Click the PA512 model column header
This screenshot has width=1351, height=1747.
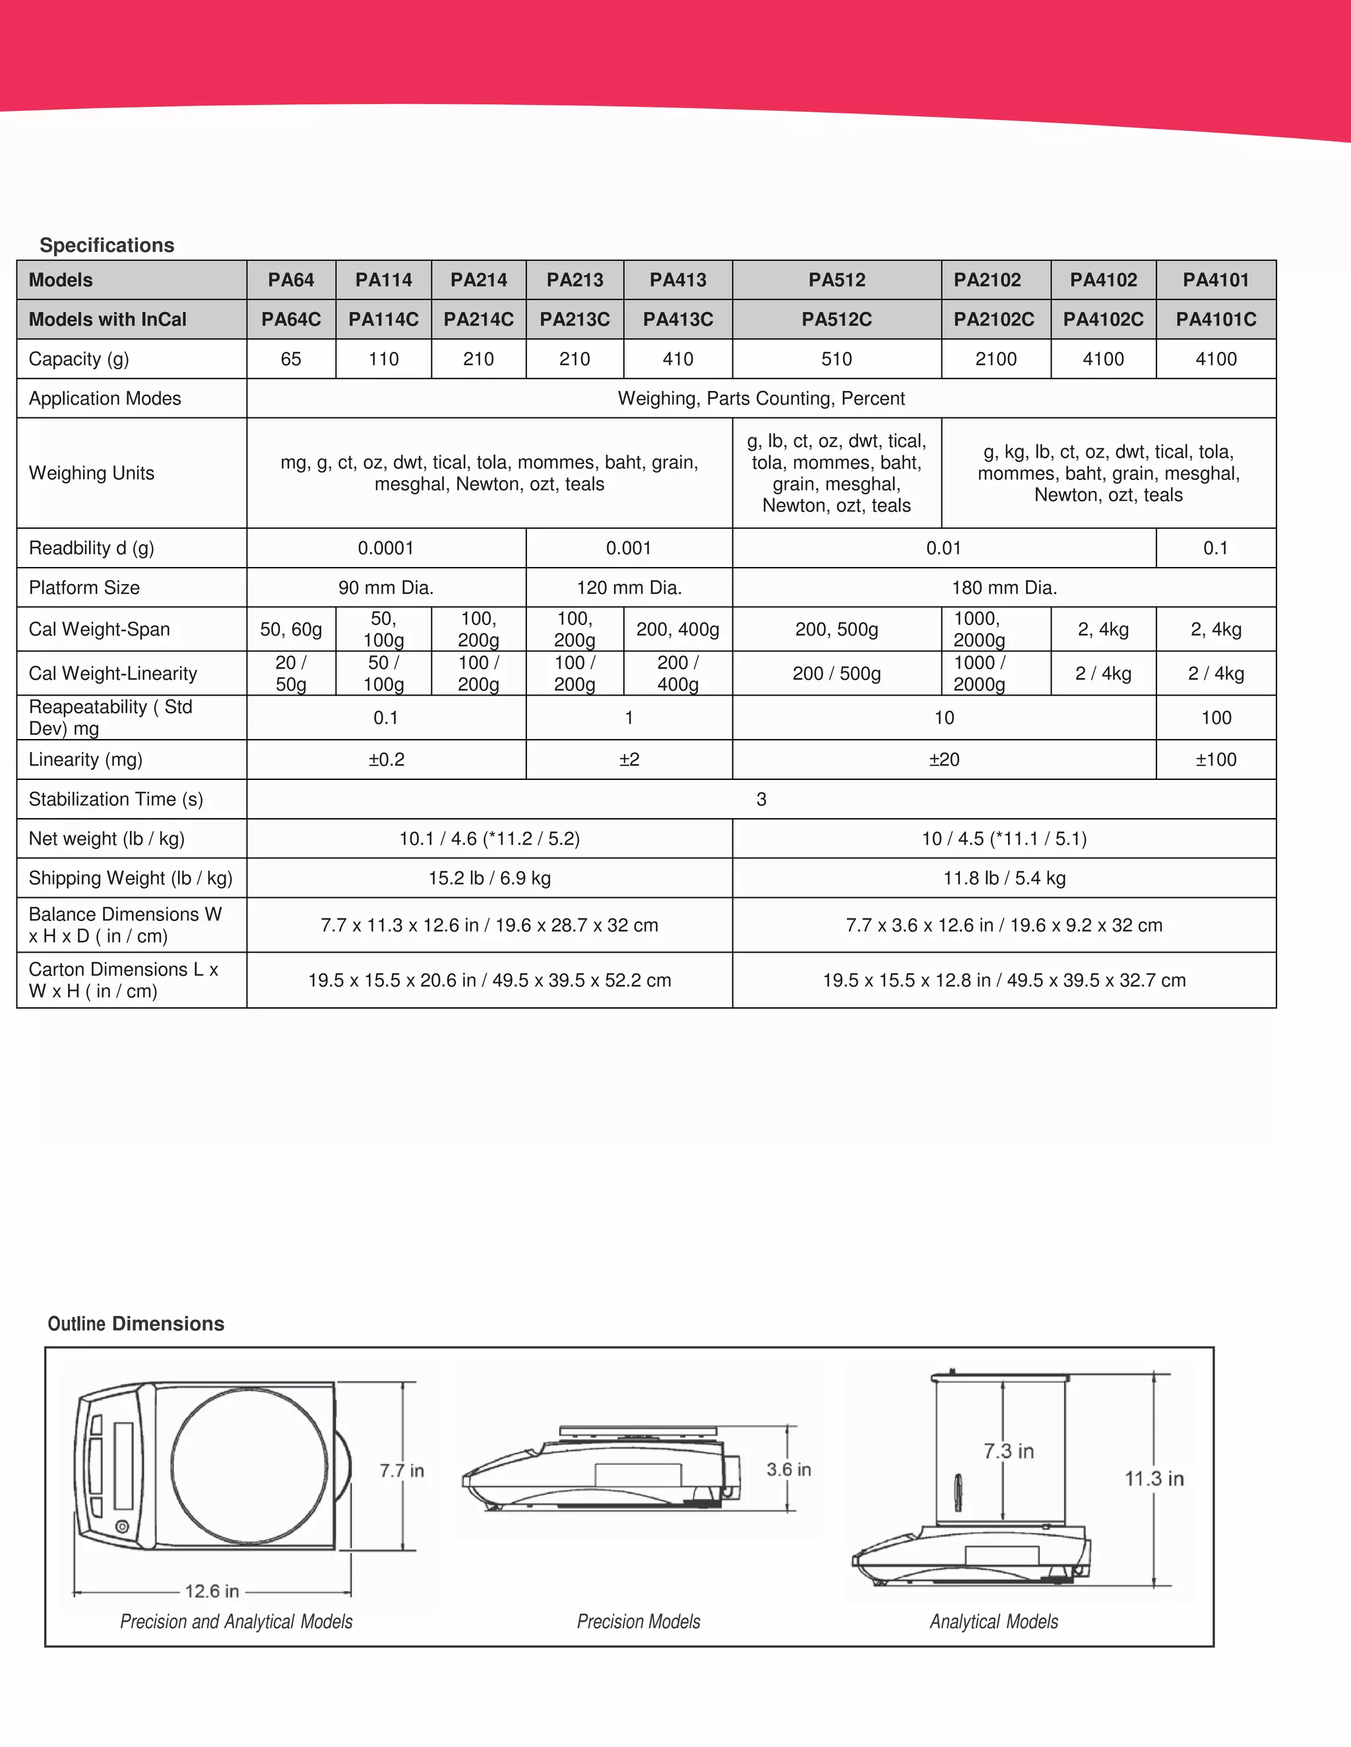coord(836,280)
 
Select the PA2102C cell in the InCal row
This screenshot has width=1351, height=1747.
coord(994,319)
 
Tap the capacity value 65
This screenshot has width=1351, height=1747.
coord(290,359)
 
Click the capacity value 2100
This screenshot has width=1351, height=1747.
coord(995,359)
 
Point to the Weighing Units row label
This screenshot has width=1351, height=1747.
coord(91,473)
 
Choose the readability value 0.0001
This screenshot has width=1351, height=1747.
coord(386,548)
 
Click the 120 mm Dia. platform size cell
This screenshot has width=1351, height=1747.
coord(629,588)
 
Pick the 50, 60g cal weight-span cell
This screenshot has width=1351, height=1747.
coord(290,630)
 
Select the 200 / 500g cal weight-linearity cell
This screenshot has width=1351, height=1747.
coord(836,674)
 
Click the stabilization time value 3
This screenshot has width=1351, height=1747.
coord(761,799)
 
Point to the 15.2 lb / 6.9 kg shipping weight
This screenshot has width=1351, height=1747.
coord(489,878)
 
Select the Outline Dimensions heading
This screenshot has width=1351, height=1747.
coord(136,1324)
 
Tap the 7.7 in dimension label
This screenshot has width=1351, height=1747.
coord(402,1470)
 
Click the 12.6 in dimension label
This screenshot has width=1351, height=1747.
coord(212,1591)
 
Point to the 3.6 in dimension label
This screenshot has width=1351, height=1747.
coord(788,1469)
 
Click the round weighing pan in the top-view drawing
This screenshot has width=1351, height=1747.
coord(250,1465)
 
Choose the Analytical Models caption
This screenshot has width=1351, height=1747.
coord(993,1622)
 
